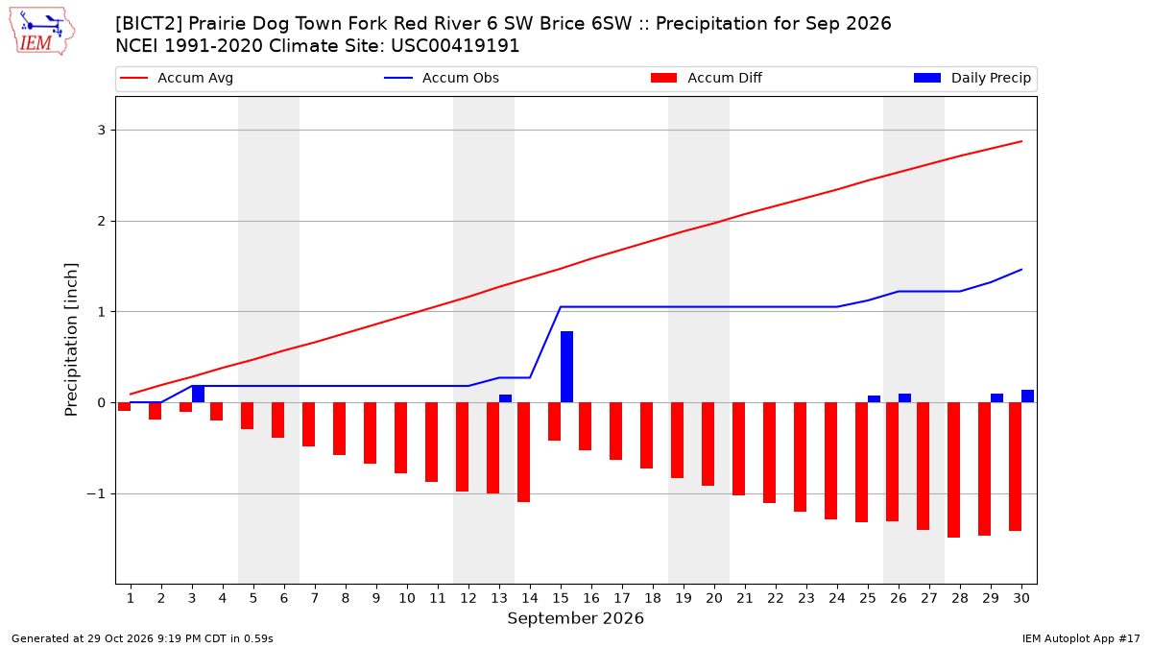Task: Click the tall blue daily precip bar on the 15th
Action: click(x=566, y=367)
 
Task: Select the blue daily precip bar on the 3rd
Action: click(x=198, y=394)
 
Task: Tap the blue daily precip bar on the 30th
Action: click(x=1027, y=396)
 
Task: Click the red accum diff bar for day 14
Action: click(x=523, y=452)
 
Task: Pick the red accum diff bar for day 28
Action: click(x=953, y=470)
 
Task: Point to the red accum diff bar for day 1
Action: click(x=125, y=407)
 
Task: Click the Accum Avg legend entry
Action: click(x=177, y=78)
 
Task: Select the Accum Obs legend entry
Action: click(x=442, y=78)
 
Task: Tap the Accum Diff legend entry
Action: click(x=707, y=78)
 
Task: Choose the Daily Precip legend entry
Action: click(x=972, y=78)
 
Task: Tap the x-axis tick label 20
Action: click(x=714, y=598)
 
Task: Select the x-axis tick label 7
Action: click(x=315, y=598)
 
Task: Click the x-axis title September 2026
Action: click(x=575, y=618)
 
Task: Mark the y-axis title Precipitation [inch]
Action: click(x=71, y=340)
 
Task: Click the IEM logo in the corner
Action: click(x=41, y=32)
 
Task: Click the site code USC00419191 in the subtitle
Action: click(x=455, y=46)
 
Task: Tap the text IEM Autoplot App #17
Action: click(x=1081, y=638)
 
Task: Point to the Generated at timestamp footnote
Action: click(x=142, y=638)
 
